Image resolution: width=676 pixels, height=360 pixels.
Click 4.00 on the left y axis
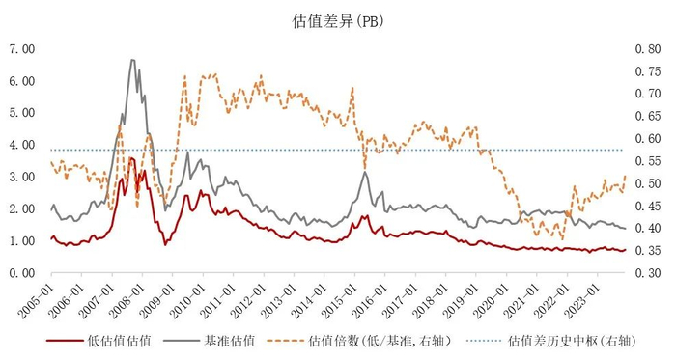[22, 145]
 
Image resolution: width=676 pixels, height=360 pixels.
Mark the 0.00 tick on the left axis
[22, 273]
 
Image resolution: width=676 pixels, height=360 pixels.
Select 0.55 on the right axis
[648, 160]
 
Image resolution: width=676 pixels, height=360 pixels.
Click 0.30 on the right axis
[648, 273]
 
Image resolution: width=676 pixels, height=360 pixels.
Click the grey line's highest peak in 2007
[132, 60]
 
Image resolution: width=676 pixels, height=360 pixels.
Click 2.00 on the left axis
[22, 208]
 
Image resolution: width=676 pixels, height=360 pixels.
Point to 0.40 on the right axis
[648, 228]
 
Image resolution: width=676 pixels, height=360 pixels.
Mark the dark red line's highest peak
[131, 158]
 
